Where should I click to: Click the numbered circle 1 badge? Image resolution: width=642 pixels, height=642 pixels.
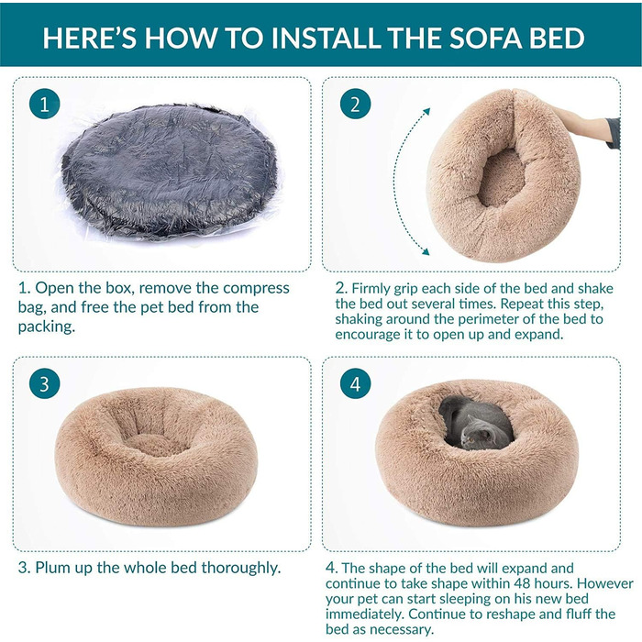click(44, 104)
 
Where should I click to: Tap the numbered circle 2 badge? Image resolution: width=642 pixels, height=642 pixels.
click(356, 104)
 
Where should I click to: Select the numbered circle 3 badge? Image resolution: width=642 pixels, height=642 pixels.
click(44, 384)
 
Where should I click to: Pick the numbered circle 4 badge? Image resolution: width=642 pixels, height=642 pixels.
click(356, 384)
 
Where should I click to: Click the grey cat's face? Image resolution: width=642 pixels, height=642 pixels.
click(477, 436)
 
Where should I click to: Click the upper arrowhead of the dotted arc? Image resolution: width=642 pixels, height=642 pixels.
click(426, 111)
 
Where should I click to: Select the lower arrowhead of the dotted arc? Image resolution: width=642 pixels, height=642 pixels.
click(426, 251)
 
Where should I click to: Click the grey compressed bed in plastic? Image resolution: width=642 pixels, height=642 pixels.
click(170, 172)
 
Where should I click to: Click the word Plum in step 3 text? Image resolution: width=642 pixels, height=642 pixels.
click(50, 568)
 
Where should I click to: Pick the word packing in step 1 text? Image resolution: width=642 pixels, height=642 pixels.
click(47, 327)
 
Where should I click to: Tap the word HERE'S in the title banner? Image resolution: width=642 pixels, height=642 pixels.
click(89, 38)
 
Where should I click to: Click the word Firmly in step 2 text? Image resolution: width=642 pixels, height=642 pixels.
click(371, 289)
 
